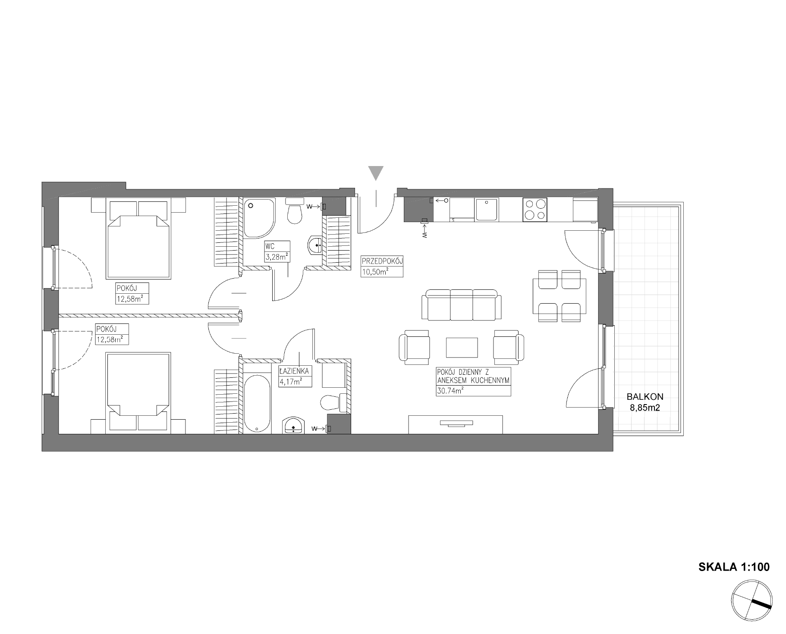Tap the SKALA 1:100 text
pos(734,567)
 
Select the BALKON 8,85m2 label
pos(645,402)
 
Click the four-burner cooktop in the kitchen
pos(534,210)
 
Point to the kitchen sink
pos(487,210)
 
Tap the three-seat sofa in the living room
pos(461,305)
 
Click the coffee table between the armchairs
pos(462,348)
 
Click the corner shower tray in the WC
pos(259,218)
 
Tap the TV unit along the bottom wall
pos(456,424)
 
